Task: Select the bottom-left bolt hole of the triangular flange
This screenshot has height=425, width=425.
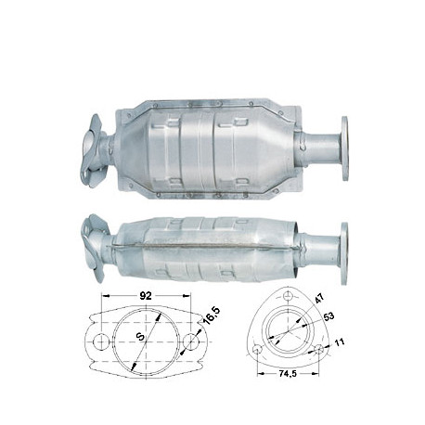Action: (257, 350)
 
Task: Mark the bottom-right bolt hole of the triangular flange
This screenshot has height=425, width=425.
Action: (318, 350)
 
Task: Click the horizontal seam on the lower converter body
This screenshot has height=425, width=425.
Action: (204, 244)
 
